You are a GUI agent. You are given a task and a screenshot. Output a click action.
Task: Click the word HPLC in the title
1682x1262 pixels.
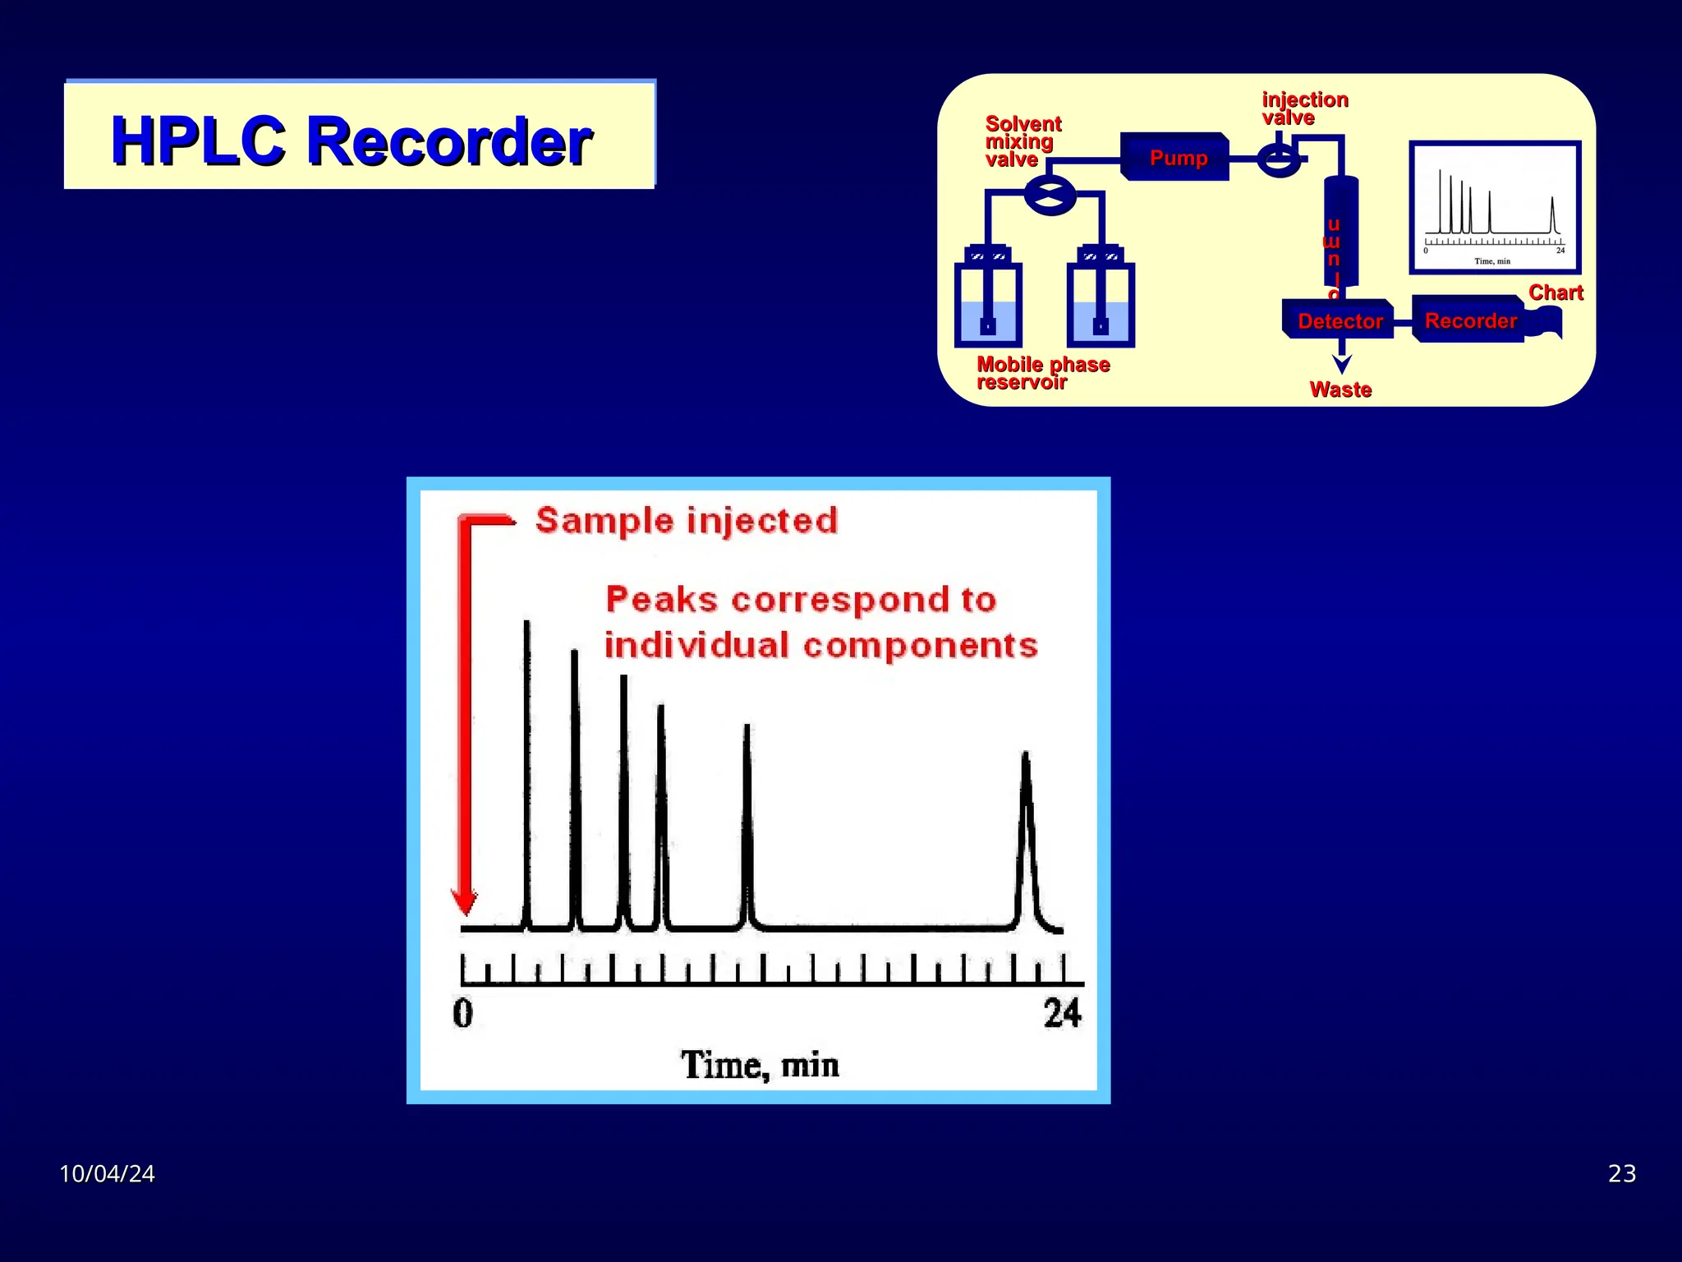pos(198,141)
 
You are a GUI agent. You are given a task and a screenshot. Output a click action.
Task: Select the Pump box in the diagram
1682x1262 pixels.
pos(1177,158)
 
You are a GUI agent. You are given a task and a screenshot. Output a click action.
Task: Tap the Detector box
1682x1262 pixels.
pos(1340,320)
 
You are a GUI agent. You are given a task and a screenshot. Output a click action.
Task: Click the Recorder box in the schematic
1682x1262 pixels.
pos(1469,320)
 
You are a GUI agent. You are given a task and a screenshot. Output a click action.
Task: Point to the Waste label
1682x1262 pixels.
pos(1340,389)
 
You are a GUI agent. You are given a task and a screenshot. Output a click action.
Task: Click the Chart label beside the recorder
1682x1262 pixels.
pos(1556,292)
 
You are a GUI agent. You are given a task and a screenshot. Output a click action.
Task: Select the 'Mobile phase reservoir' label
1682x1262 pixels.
pos(1042,373)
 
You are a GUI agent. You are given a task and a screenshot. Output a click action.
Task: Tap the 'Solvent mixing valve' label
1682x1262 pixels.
pos(1023,141)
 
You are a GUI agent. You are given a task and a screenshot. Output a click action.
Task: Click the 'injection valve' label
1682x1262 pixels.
pos(1304,108)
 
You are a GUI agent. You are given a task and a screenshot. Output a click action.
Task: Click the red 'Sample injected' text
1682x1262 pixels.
pos(687,521)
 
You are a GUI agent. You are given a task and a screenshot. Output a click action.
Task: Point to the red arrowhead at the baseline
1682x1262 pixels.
pos(466,901)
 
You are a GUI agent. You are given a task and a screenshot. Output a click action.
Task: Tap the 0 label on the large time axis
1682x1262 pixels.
pos(463,1013)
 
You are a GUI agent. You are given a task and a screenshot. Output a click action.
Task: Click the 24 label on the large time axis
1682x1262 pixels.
pos(1062,1013)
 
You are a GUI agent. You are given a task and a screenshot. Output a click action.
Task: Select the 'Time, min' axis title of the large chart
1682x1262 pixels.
pos(760,1065)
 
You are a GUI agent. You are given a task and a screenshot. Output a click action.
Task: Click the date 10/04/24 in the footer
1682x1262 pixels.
pos(107,1173)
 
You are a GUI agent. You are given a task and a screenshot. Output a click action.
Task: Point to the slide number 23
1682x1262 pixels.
pos(1621,1173)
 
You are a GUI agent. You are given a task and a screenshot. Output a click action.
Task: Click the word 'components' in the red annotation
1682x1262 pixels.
pos(920,646)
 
